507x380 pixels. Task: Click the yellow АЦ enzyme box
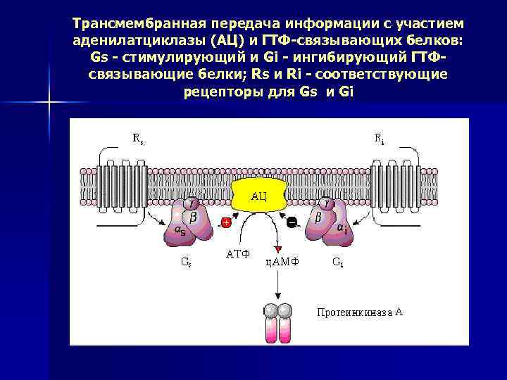tap(258, 194)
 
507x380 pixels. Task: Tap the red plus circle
tap(226, 222)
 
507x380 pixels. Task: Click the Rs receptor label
tap(139, 139)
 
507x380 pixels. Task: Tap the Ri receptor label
tap(379, 139)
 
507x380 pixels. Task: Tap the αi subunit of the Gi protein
tap(341, 228)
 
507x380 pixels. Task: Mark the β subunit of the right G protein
tap(318, 218)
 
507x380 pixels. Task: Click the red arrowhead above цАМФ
tap(279, 249)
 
